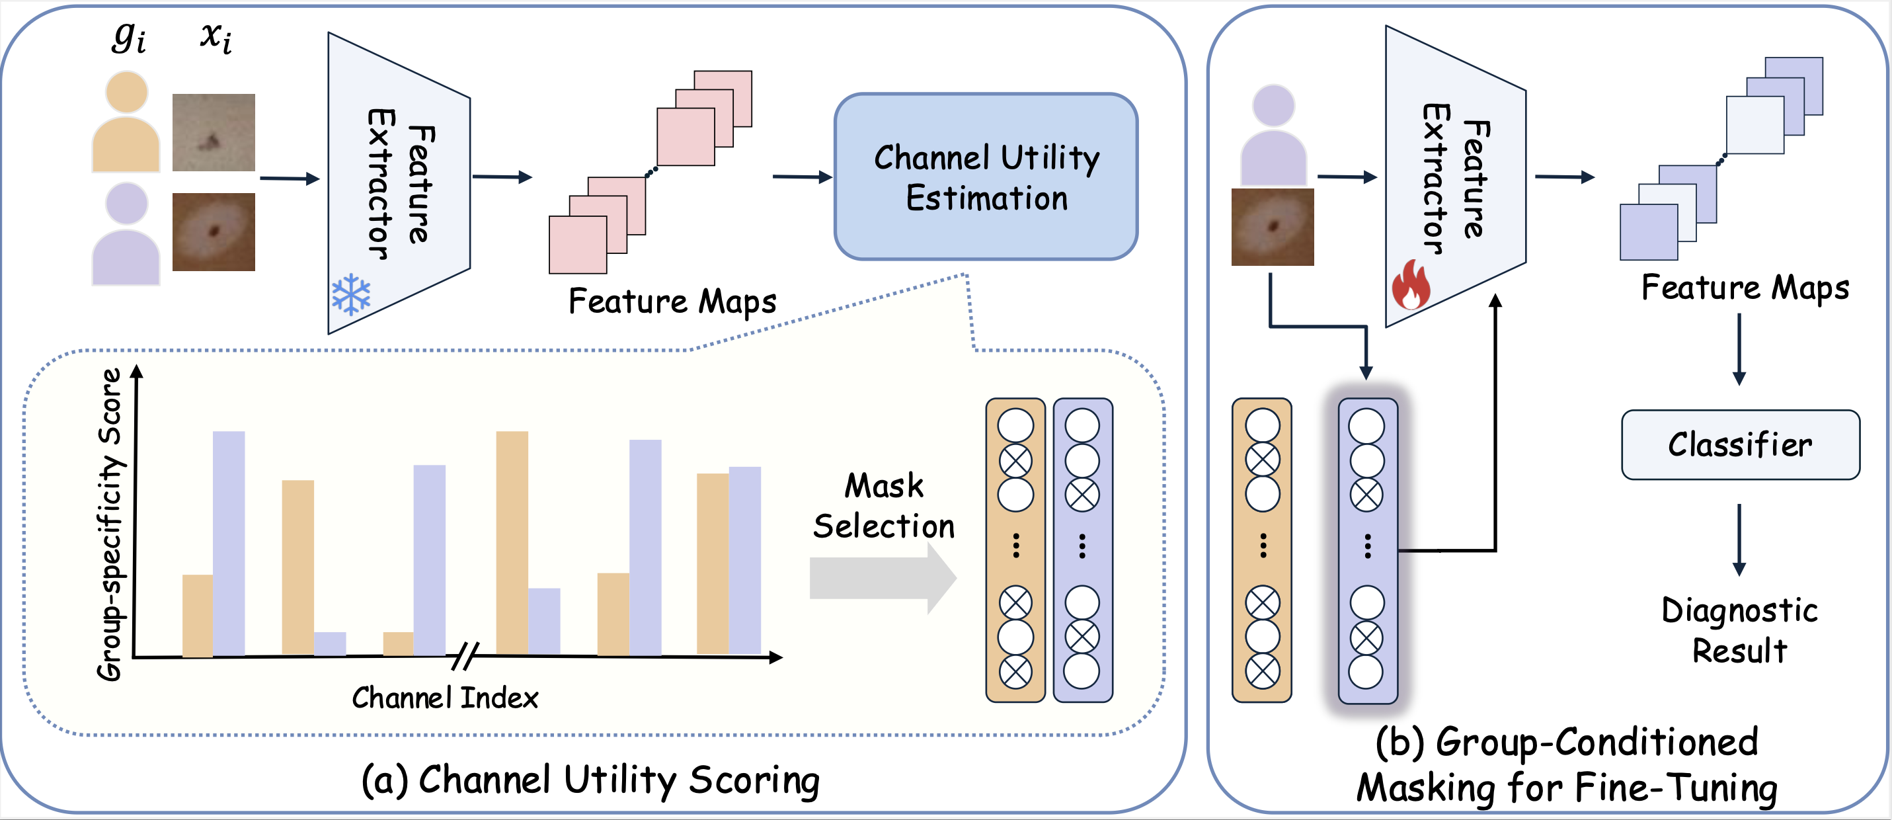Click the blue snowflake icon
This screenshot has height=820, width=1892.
click(x=351, y=295)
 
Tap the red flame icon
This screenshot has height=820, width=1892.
click(x=1411, y=284)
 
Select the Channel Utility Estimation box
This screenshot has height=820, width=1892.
click(x=986, y=177)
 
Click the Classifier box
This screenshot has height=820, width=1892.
click(x=1740, y=444)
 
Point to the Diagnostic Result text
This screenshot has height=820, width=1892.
click(x=1739, y=630)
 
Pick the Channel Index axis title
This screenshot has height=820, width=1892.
click(x=445, y=697)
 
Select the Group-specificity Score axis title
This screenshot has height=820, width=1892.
click(x=110, y=524)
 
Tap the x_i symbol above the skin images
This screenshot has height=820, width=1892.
click(x=217, y=37)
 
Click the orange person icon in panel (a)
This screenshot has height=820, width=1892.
click(x=126, y=121)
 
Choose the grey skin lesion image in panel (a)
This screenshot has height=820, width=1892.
click(x=214, y=132)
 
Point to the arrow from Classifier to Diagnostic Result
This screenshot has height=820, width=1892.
click(x=1739, y=540)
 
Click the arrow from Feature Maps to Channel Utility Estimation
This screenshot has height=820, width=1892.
click(x=802, y=177)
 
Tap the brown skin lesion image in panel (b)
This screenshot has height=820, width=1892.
click(x=1273, y=227)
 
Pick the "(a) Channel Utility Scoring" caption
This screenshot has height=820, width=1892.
click(x=590, y=780)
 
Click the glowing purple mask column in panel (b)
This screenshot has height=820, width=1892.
click(x=1368, y=550)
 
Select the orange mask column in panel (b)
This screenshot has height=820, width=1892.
click(x=1262, y=550)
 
